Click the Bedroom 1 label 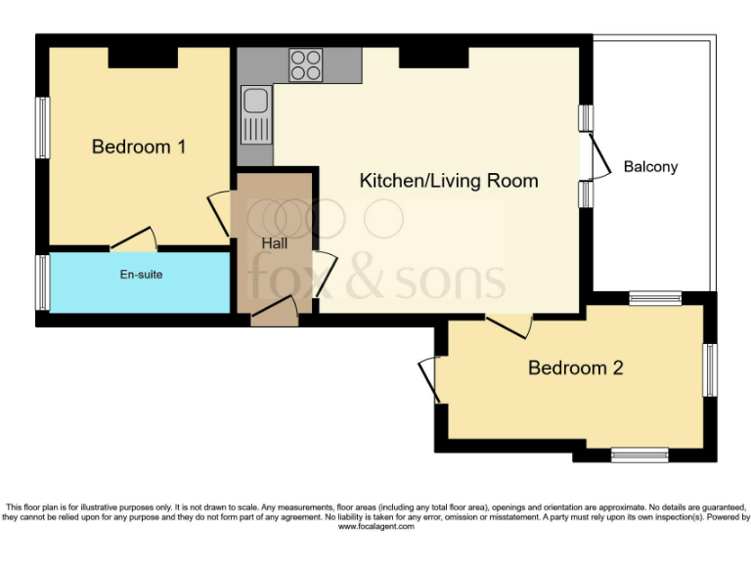139,147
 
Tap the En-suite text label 141,275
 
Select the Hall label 274,241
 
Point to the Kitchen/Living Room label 449,180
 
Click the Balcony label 650,166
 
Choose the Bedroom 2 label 575,368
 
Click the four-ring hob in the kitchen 305,65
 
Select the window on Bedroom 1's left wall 43,127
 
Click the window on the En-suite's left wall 43,281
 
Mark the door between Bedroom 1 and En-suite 133,239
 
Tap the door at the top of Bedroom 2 508,325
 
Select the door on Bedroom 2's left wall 430,379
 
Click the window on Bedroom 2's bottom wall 640,455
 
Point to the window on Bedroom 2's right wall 711,369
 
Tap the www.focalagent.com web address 375,527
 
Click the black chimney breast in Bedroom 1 142,59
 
